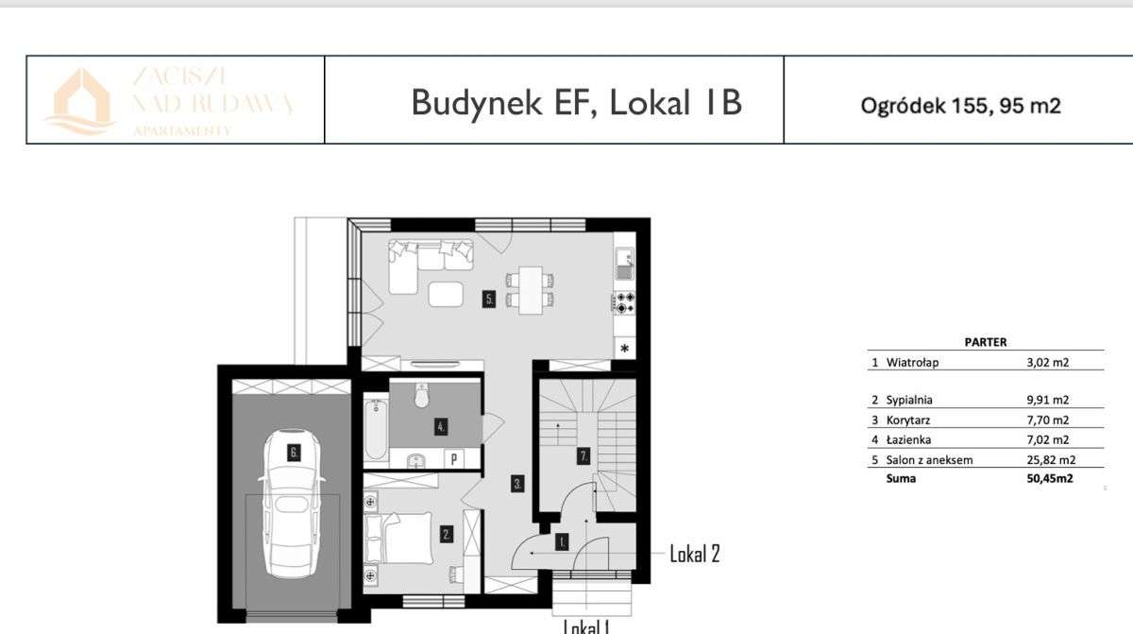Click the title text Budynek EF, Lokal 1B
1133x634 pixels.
point(577,101)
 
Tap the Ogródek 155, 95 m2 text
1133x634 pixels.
point(960,106)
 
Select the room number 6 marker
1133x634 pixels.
point(294,453)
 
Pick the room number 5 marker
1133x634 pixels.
point(488,300)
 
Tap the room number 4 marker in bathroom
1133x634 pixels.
point(441,427)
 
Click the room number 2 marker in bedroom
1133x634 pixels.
point(447,534)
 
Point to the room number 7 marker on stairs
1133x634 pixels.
point(584,456)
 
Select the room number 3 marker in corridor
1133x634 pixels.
point(518,485)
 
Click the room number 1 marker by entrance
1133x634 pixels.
point(562,542)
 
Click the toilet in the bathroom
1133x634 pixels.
point(422,394)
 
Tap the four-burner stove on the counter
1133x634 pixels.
point(625,302)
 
